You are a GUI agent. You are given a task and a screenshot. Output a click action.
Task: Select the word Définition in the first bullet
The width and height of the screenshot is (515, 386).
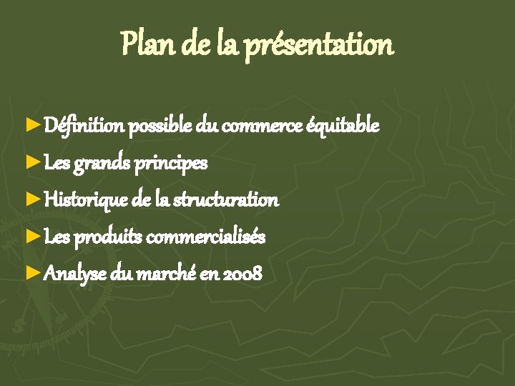pyautogui.click(x=84, y=127)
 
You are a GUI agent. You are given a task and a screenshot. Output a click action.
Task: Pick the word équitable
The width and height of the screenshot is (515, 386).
pyautogui.click(x=343, y=127)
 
